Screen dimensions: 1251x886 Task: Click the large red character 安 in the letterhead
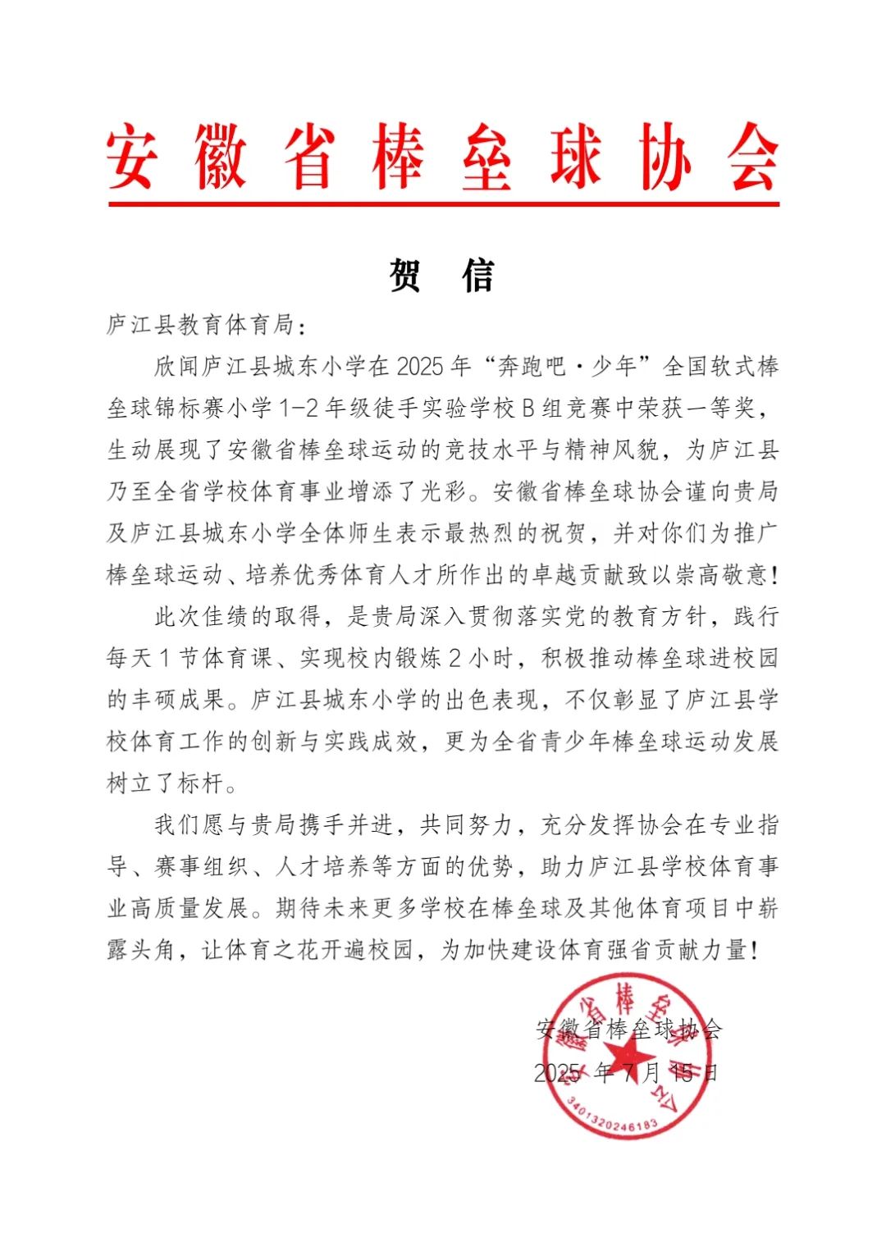click(131, 157)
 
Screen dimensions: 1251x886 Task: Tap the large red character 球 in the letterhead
click(576, 157)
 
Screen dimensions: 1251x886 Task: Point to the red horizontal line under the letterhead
click(443, 203)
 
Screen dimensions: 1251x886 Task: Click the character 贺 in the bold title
click(405, 276)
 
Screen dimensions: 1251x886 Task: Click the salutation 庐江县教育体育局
click(200, 325)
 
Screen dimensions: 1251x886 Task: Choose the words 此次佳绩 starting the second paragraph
click(202, 617)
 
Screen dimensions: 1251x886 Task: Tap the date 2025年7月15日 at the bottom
click(626, 1073)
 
